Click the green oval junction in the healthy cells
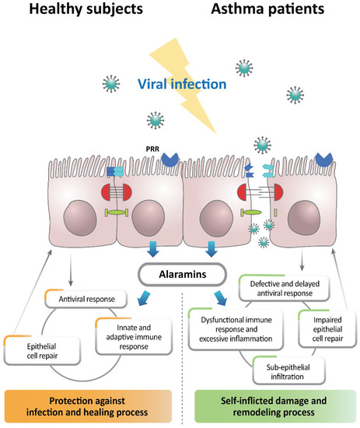click(114, 212)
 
